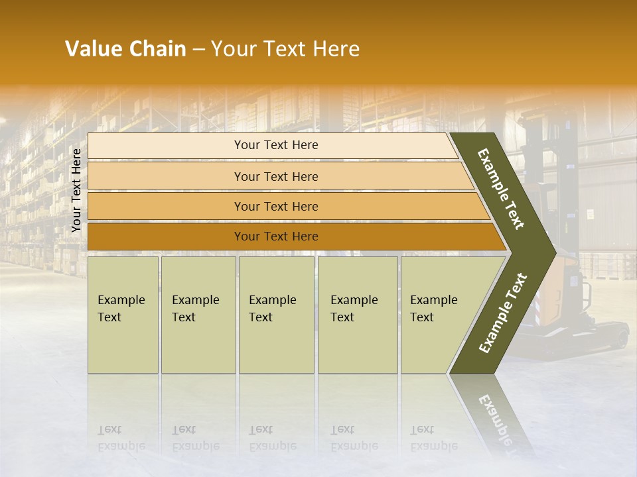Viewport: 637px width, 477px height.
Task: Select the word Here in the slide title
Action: [336, 49]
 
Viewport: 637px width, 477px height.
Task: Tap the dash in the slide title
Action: [198, 50]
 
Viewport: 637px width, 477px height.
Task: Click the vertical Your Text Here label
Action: [76, 190]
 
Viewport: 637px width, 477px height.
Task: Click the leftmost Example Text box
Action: [123, 315]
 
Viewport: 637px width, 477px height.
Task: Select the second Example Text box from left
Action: [198, 315]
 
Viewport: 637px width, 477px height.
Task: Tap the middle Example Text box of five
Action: [276, 315]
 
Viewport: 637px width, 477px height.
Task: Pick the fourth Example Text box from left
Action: [358, 315]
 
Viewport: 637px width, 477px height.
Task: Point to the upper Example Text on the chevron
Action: [501, 189]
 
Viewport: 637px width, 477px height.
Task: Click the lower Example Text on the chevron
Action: [503, 313]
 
